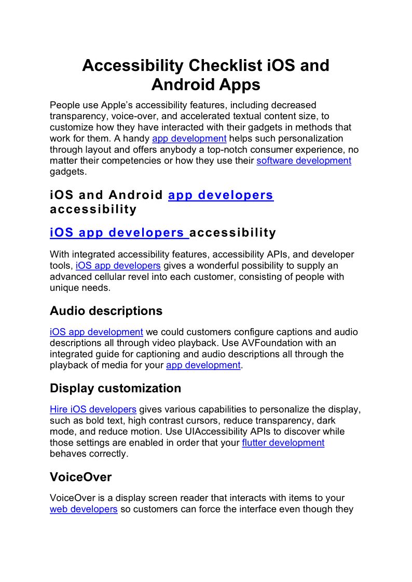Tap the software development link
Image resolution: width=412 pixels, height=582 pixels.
tap(304, 161)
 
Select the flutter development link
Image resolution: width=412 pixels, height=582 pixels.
tap(283, 443)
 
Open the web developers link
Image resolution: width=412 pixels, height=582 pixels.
tap(84, 509)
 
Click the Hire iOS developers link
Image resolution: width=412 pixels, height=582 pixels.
tap(93, 409)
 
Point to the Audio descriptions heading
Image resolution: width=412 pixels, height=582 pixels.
tap(106, 311)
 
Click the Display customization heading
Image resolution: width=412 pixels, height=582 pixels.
tap(115, 388)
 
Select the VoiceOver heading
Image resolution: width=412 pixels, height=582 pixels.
tap(80, 477)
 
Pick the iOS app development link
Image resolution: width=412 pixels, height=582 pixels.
tap(96, 332)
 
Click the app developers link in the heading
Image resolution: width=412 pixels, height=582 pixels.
tap(221, 195)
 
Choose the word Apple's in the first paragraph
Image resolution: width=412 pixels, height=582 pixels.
tap(129, 105)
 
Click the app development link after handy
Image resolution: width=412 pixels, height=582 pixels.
tap(189, 138)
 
